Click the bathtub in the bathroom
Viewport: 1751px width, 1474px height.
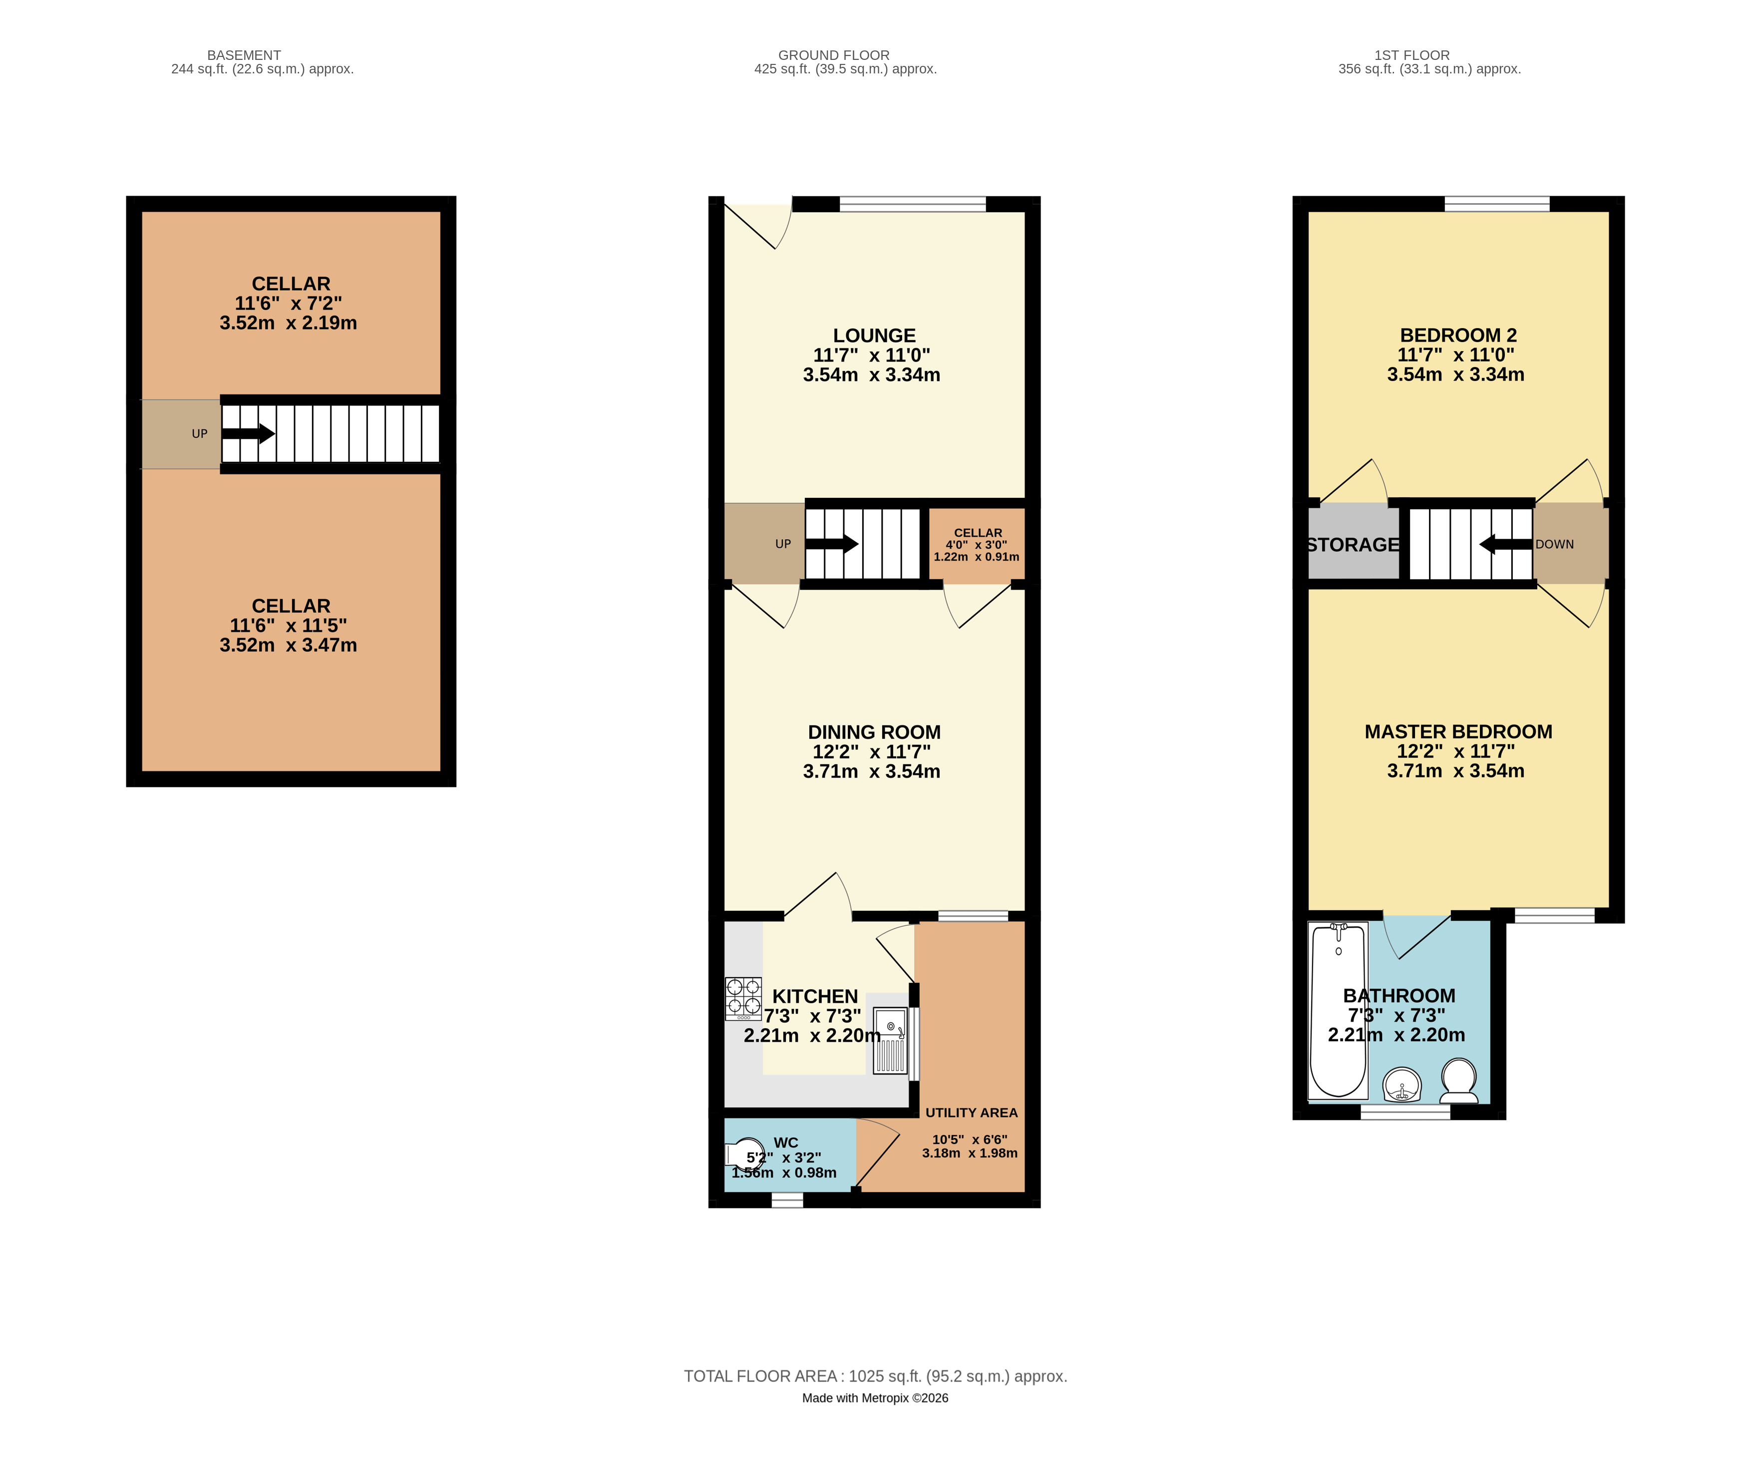point(1338,1010)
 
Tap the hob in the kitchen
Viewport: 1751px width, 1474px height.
point(742,999)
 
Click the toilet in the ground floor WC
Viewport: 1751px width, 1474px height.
point(745,1155)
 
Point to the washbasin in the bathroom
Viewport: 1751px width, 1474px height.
point(1402,1086)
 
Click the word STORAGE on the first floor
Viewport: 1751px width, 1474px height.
point(1353,545)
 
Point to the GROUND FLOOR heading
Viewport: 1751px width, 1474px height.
point(834,55)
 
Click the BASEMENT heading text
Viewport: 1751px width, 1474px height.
point(244,55)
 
